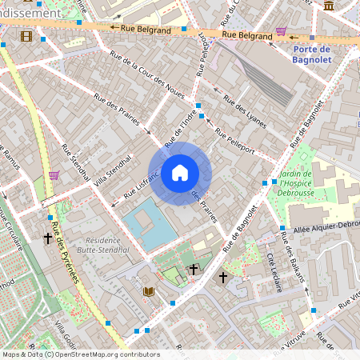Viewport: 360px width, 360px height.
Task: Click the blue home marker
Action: [180, 173]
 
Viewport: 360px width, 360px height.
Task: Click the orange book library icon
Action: [148, 292]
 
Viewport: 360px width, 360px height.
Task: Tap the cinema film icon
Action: [26, 36]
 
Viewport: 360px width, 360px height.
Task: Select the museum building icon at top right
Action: [329, 6]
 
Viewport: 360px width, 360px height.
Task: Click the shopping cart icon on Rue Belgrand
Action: [281, 32]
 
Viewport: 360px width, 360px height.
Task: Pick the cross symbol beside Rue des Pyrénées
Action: [48, 238]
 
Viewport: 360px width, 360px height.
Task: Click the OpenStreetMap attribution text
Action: [80, 354]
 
